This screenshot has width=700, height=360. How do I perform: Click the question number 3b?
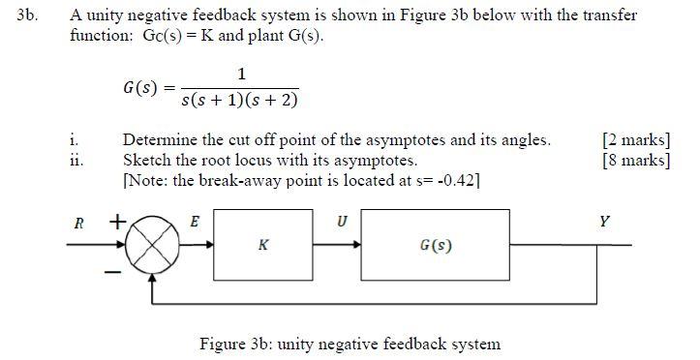(x=27, y=16)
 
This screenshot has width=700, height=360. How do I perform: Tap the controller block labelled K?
(x=263, y=246)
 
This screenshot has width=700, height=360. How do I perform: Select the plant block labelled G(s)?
(x=436, y=246)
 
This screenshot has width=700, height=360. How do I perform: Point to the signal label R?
(x=78, y=223)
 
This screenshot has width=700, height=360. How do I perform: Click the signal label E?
(x=194, y=223)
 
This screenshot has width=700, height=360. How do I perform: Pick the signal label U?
(x=341, y=223)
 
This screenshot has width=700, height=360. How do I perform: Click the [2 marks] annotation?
(x=635, y=140)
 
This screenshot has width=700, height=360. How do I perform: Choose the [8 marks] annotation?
(x=635, y=160)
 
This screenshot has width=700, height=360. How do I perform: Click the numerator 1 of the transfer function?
(x=241, y=74)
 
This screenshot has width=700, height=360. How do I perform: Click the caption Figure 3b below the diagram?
(x=350, y=344)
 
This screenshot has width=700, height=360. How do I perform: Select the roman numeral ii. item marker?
(x=76, y=160)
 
